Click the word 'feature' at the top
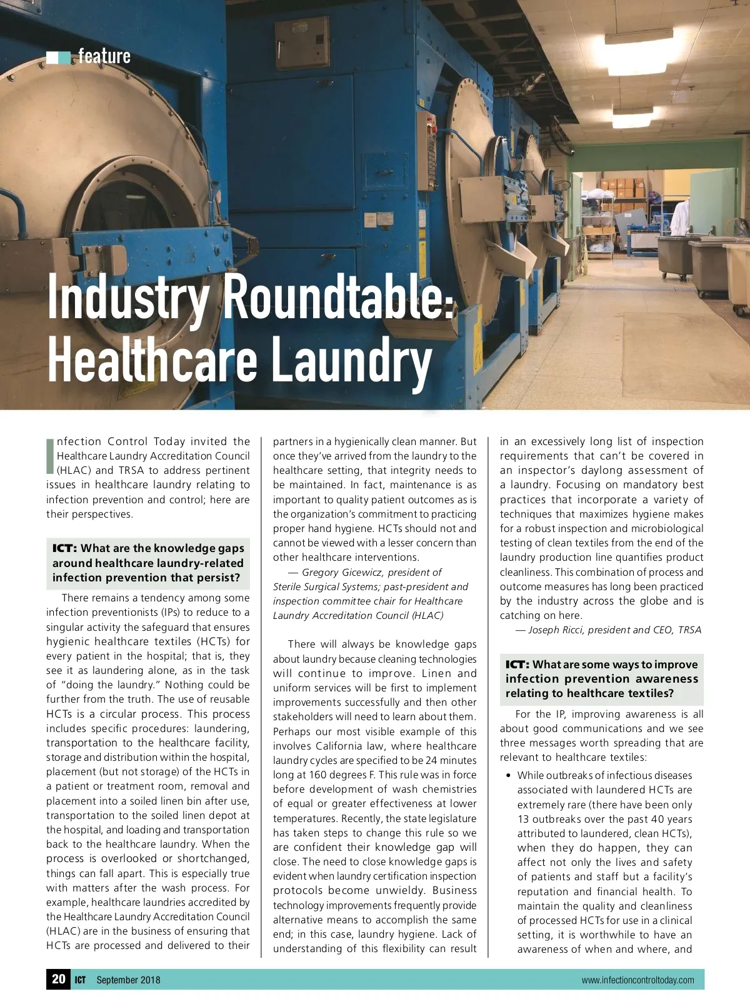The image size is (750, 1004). tap(104, 56)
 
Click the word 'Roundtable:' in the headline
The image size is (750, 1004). tap(338, 296)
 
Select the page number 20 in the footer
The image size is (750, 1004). tap(59, 979)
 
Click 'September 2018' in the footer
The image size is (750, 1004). tap(128, 980)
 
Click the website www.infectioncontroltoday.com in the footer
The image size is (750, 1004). tap(637, 980)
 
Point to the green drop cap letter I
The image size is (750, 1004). tap(50, 456)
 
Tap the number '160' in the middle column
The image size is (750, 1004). tap(317, 775)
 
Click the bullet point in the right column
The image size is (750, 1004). tap(508, 776)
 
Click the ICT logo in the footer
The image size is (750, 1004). tap(80, 980)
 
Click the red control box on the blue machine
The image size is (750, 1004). tap(427, 150)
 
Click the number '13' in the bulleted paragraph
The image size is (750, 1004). tap(524, 819)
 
